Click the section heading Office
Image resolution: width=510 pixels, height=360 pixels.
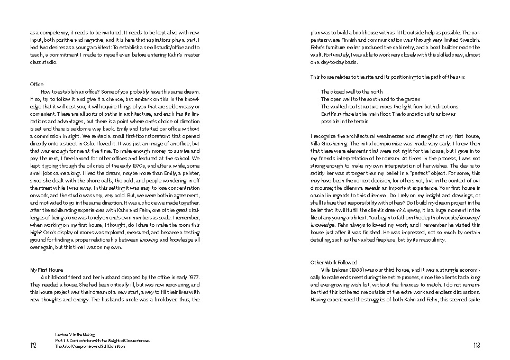click(37, 84)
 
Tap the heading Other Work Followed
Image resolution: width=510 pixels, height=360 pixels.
click(334, 262)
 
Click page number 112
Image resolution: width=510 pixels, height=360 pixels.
click(34, 345)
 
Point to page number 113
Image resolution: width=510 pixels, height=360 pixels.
click(476, 345)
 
